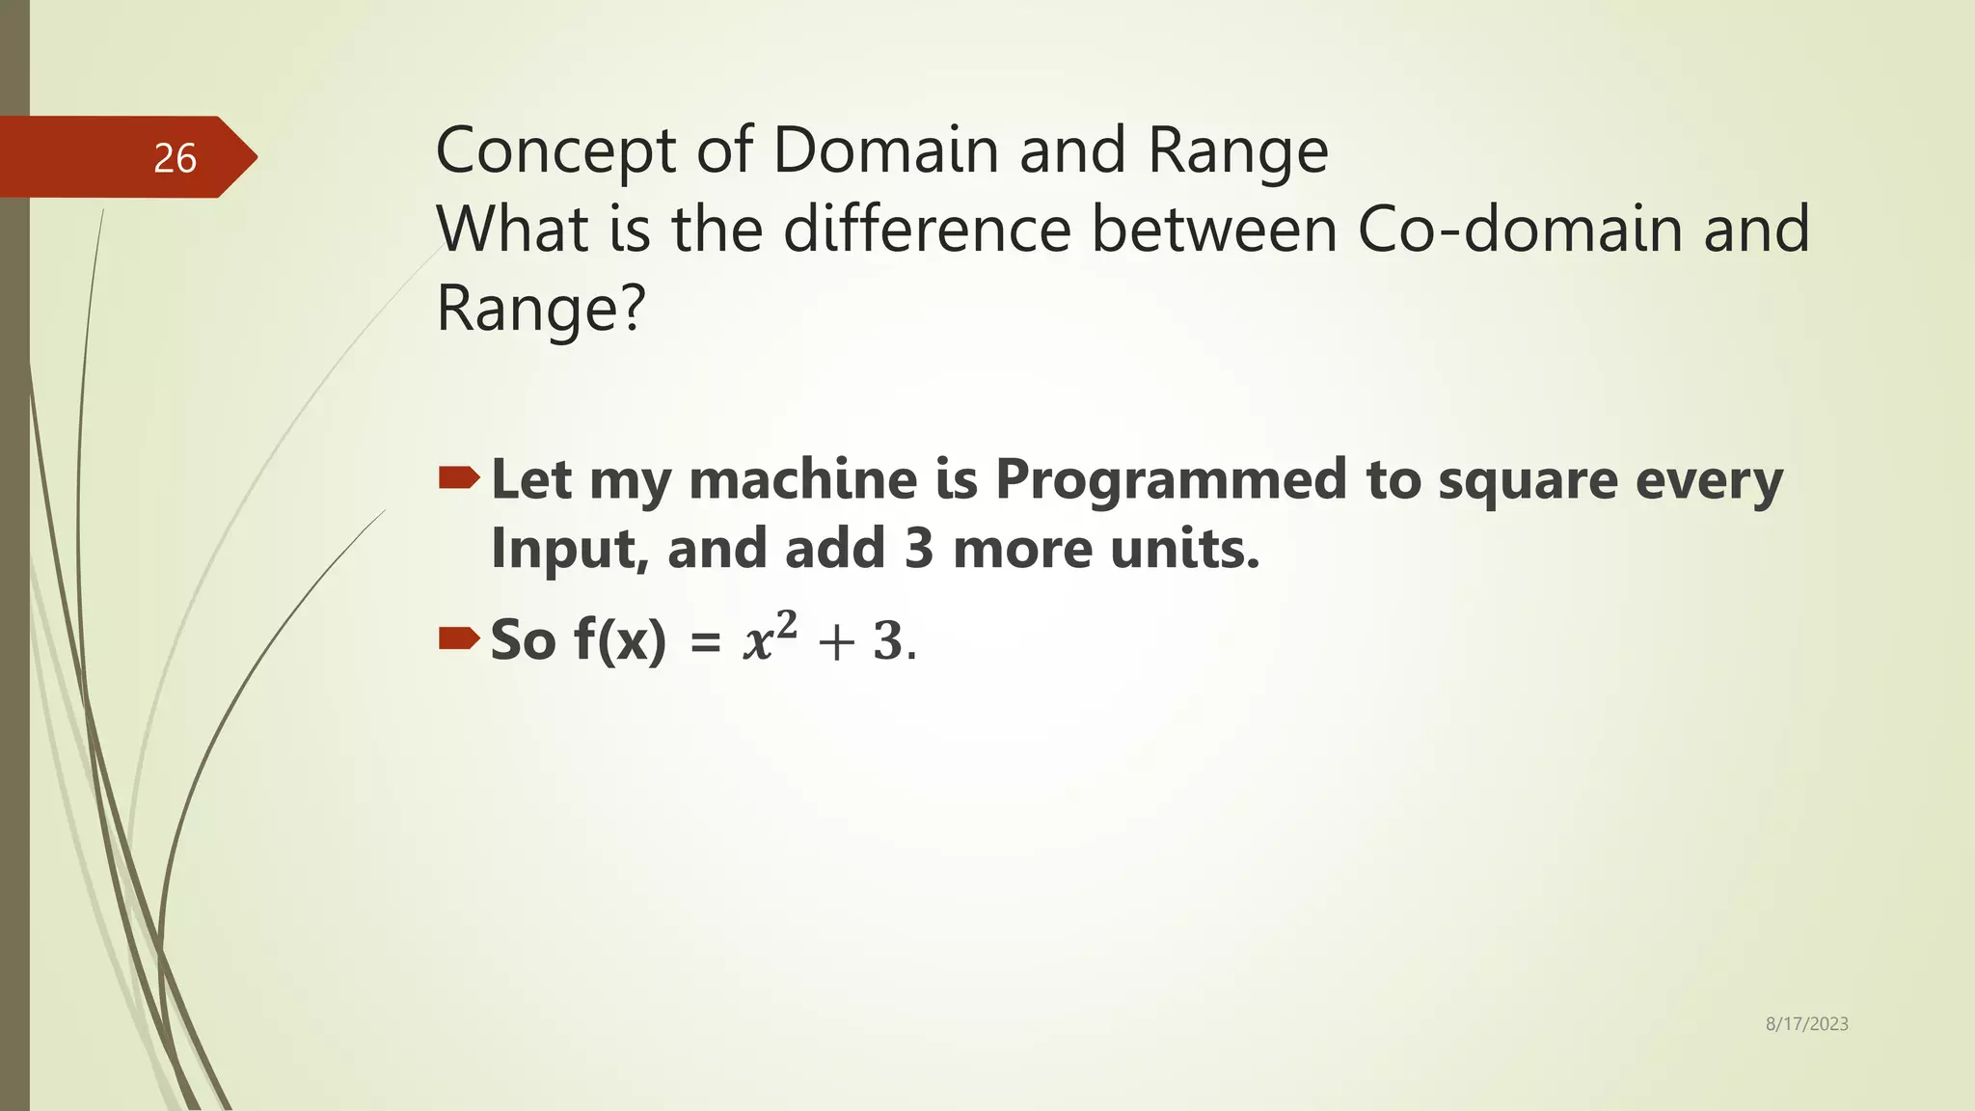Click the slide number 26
(x=175, y=158)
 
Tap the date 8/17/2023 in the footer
(x=1806, y=1024)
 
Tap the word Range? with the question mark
(x=540, y=310)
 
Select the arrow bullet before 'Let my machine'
(x=459, y=477)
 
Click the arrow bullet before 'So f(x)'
(x=459, y=637)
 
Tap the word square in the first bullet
(x=1528, y=481)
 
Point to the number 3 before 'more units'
(x=919, y=549)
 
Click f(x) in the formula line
(x=619, y=639)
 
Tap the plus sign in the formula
(x=835, y=642)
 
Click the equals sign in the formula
(x=706, y=642)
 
